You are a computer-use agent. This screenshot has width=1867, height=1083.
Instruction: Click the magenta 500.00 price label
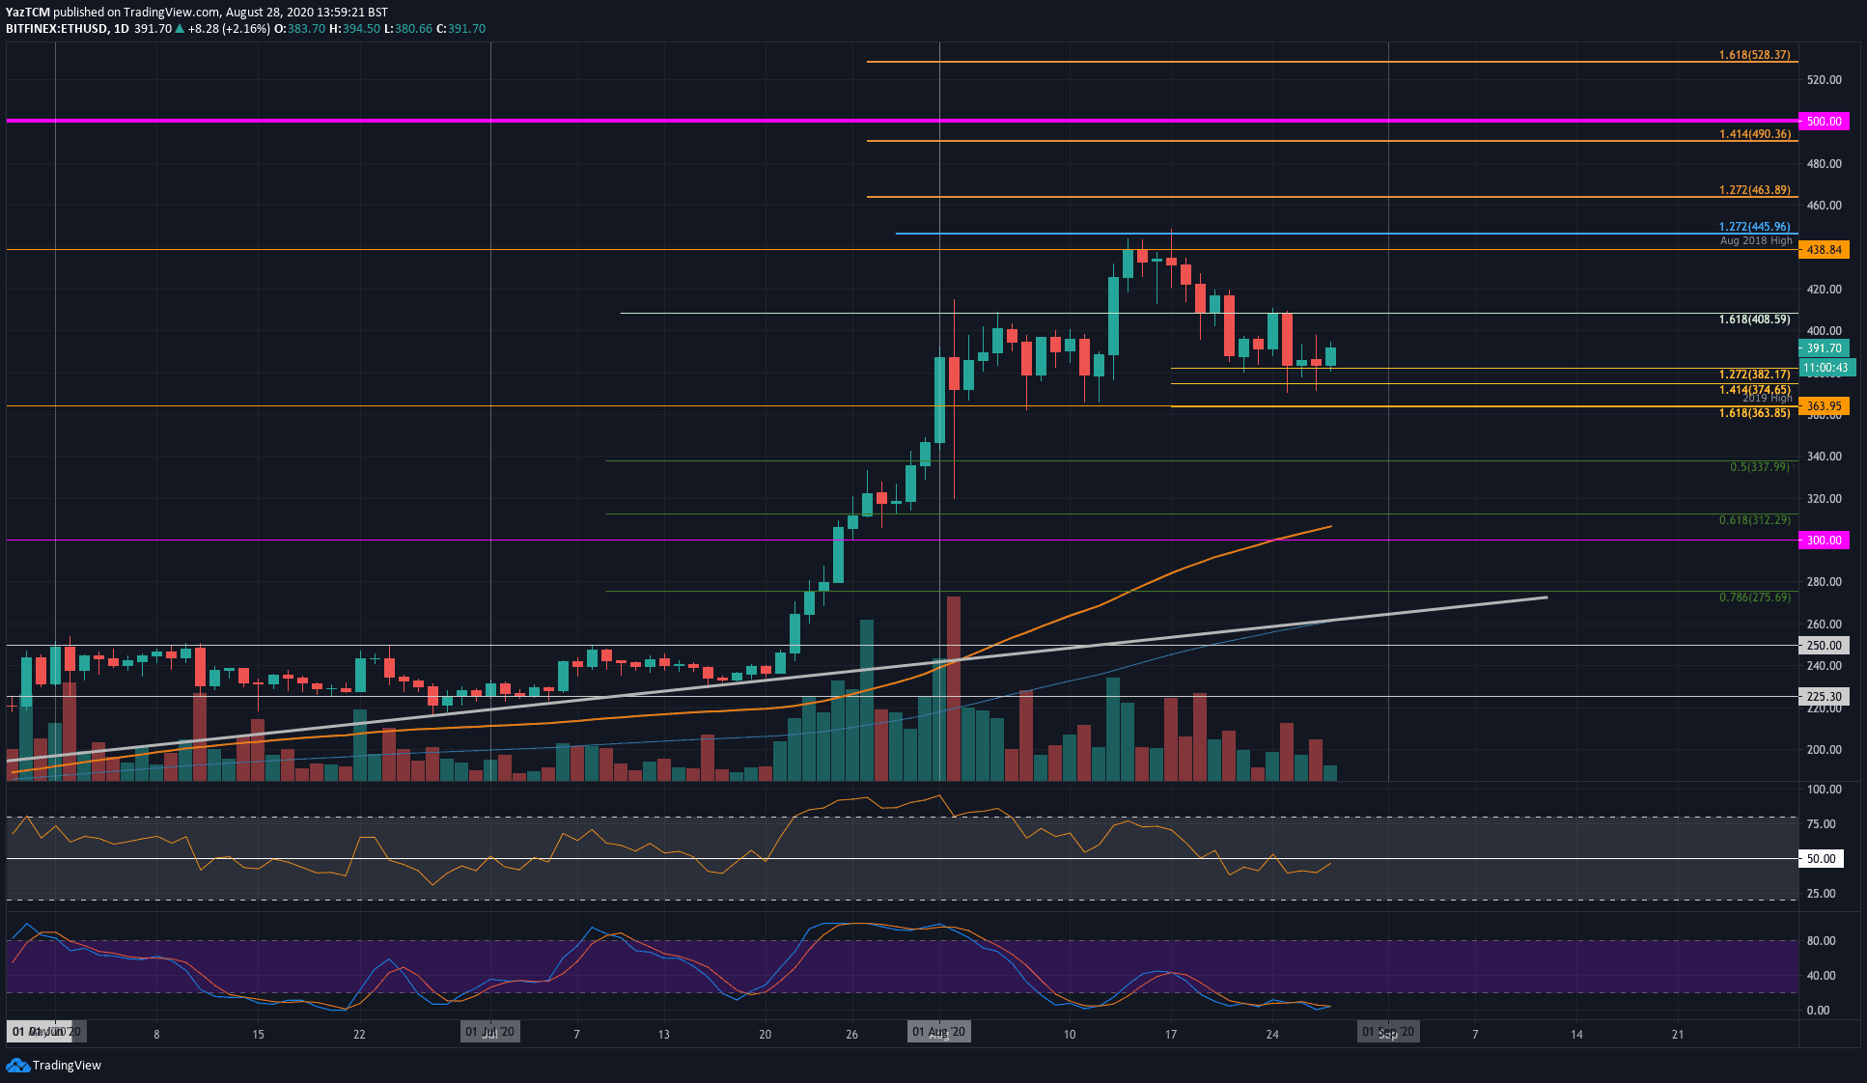tap(1824, 122)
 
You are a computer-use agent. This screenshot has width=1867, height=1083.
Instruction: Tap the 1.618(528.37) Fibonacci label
tap(1754, 55)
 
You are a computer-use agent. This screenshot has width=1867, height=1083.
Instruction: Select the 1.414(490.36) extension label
tap(1754, 134)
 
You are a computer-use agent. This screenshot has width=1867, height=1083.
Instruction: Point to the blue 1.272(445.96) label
tap(1754, 227)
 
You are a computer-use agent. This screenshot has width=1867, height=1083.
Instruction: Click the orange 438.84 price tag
tap(1824, 250)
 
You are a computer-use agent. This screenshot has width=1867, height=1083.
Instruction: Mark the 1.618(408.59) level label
tap(1754, 319)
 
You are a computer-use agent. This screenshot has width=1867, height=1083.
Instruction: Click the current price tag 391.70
tap(1824, 348)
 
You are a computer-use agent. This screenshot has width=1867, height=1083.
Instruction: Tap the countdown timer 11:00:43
tap(1825, 368)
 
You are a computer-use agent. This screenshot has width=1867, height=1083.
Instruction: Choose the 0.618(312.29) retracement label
tap(1754, 520)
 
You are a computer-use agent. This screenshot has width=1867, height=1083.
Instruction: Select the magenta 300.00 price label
tap(1824, 541)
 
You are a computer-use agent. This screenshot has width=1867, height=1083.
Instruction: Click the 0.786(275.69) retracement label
tap(1754, 597)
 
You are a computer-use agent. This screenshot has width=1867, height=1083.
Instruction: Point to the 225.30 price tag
tap(1824, 696)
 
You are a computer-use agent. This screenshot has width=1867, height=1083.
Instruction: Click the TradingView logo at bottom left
tap(54, 1065)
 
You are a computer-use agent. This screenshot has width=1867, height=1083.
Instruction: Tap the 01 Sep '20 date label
tap(1387, 1032)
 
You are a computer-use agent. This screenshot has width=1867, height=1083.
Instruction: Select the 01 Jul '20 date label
tap(490, 1032)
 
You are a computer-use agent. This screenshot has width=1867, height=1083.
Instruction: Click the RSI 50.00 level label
tap(1821, 859)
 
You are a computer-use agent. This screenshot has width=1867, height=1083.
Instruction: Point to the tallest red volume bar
tap(954, 687)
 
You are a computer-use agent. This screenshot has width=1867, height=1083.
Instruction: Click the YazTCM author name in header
tap(28, 13)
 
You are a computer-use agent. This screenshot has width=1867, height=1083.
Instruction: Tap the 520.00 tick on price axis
tap(1824, 80)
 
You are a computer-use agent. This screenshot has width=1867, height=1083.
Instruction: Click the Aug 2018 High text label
tap(1755, 240)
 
